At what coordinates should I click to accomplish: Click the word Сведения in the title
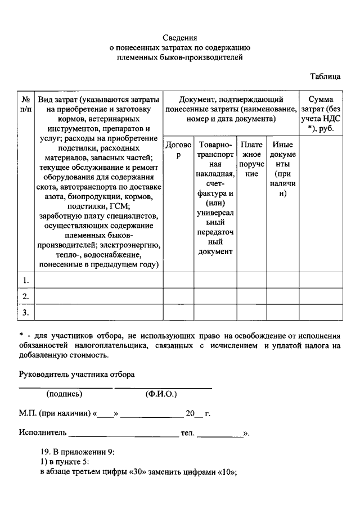(x=179, y=38)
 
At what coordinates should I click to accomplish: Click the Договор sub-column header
(x=178, y=150)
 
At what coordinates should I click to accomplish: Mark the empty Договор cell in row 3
(x=178, y=312)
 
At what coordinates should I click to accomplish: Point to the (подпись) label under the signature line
(x=64, y=394)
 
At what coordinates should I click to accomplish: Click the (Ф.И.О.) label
(x=163, y=394)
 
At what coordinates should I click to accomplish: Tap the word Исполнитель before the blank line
(x=43, y=433)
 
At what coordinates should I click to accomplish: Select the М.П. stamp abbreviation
(x=28, y=414)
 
